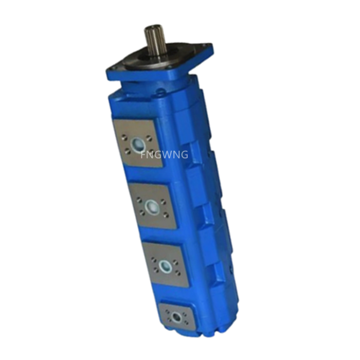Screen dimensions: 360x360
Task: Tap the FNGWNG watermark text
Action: [164, 154]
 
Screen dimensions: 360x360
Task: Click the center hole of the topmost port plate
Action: [138, 143]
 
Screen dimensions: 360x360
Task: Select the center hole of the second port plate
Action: [152, 207]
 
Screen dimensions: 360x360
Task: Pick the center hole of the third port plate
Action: [165, 266]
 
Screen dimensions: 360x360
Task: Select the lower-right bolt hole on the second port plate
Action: [165, 215]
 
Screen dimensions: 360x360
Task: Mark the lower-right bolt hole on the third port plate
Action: [178, 274]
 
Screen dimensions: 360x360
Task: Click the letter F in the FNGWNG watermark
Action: [143, 154]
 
